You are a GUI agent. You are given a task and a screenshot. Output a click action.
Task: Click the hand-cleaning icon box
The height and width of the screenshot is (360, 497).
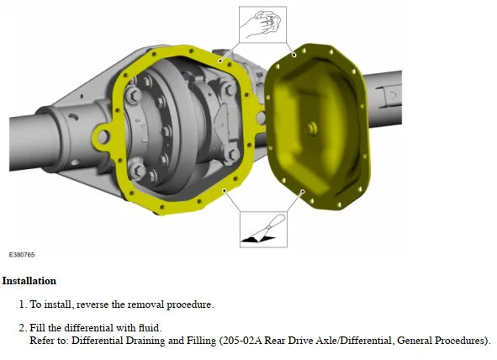click(x=262, y=24)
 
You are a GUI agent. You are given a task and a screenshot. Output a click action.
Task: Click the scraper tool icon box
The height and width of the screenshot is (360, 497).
click(x=263, y=230)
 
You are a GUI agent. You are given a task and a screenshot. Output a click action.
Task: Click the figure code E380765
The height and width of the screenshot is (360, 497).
click(x=22, y=255)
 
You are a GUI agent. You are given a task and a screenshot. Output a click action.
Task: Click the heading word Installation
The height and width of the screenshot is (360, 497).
click(x=29, y=281)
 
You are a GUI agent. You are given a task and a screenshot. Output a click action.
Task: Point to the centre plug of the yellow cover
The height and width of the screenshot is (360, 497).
click(x=311, y=129)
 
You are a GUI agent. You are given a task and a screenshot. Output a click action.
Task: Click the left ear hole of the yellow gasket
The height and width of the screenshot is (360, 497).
click(x=103, y=136)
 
